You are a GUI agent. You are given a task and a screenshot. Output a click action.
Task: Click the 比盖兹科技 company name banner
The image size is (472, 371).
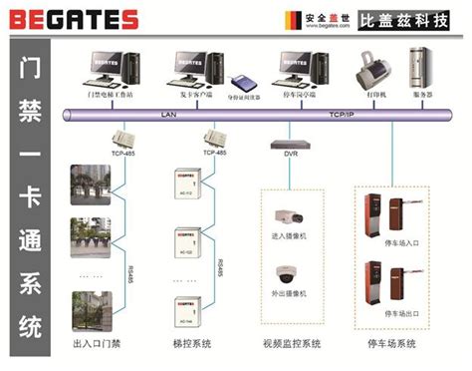click(x=409, y=19)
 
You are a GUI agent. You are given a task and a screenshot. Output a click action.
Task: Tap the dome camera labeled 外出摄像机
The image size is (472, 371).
click(x=289, y=271)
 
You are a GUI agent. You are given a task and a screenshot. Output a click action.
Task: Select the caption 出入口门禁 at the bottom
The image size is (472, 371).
click(x=100, y=344)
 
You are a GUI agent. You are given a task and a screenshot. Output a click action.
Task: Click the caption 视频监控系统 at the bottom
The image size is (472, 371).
click(x=290, y=344)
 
